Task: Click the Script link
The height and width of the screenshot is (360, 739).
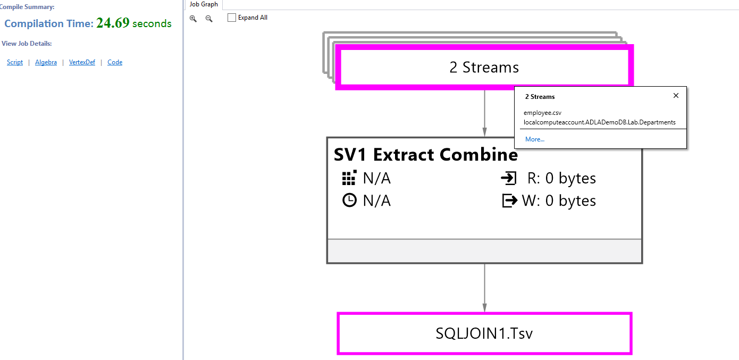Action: point(15,62)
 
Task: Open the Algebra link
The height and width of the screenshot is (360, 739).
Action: point(46,62)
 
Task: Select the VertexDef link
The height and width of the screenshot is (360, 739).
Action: point(82,62)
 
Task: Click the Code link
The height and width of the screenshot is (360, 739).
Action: point(115,62)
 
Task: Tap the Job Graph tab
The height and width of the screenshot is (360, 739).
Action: point(204,4)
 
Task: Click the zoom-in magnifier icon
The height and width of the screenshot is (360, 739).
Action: point(193,18)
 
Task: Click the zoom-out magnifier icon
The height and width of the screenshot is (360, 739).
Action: point(209,18)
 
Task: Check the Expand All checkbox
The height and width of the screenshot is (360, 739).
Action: point(232,18)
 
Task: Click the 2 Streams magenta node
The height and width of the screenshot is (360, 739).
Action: point(484,68)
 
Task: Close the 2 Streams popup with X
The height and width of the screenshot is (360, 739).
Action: point(676,96)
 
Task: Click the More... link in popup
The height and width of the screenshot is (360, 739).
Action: point(534,139)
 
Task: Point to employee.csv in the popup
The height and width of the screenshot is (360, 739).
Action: point(542,113)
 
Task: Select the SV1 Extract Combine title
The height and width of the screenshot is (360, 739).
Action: point(425,155)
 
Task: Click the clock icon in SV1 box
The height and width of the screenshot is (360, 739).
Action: point(349,200)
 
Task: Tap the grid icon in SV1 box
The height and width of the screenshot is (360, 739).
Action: point(349,178)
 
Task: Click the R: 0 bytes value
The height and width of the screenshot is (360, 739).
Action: point(561,178)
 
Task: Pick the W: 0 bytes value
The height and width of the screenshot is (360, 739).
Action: point(559,200)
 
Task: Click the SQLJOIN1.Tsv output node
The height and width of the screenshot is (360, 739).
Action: point(484,333)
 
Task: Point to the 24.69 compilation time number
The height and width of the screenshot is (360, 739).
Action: point(113,23)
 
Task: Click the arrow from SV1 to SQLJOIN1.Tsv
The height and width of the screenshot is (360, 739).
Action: point(484,287)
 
